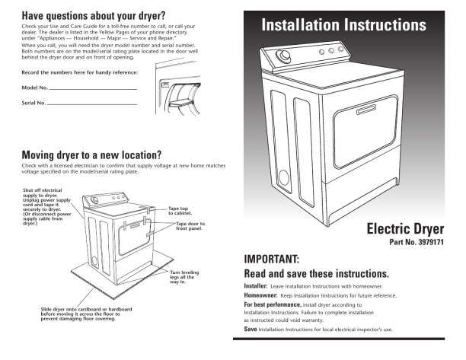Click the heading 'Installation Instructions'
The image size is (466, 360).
[x=343, y=25]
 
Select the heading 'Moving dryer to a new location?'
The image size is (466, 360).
[x=91, y=155]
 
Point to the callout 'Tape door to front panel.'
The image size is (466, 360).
[x=190, y=226]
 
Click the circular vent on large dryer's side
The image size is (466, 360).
[x=283, y=178]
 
